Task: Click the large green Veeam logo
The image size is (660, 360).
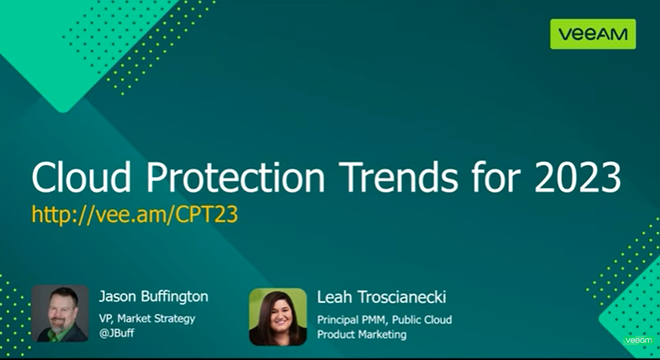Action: pyautogui.click(x=593, y=34)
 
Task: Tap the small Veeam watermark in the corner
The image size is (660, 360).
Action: pyautogui.click(x=638, y=340)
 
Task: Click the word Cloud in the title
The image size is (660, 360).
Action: pyautogui.click(x=81, y=177)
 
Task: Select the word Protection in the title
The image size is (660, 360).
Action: pyautogui.click(x=236, y=177)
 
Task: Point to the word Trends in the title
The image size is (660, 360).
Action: pyautogui.click(x=399, y=177)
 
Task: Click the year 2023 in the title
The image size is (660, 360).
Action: pyautogui.click(x=578, y=177)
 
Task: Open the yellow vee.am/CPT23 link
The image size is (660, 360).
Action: pyautogui.click(x=135, y=214)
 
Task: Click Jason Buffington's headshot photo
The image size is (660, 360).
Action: pyautogui.click(x=60, y=313)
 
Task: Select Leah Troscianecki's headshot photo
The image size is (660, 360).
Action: pyautogui.click(x=278, y=317)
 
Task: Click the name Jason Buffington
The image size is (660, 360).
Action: pyautogui.click(x=153, y=297)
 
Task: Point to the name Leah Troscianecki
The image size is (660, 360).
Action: pyautogui.click(x=381, y=297)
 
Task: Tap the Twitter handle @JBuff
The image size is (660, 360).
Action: pyautogui.click(x=116, y=333)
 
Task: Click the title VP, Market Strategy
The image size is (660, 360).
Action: pyautogui.click(x=147, y=319)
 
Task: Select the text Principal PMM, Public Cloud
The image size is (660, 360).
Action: pyautogui.click(x=384, y=320)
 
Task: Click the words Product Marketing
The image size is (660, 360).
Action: pyautogui.click(x=362, y=335)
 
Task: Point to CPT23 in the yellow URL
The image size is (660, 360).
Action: pyautogui.click(x=207, y=214)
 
